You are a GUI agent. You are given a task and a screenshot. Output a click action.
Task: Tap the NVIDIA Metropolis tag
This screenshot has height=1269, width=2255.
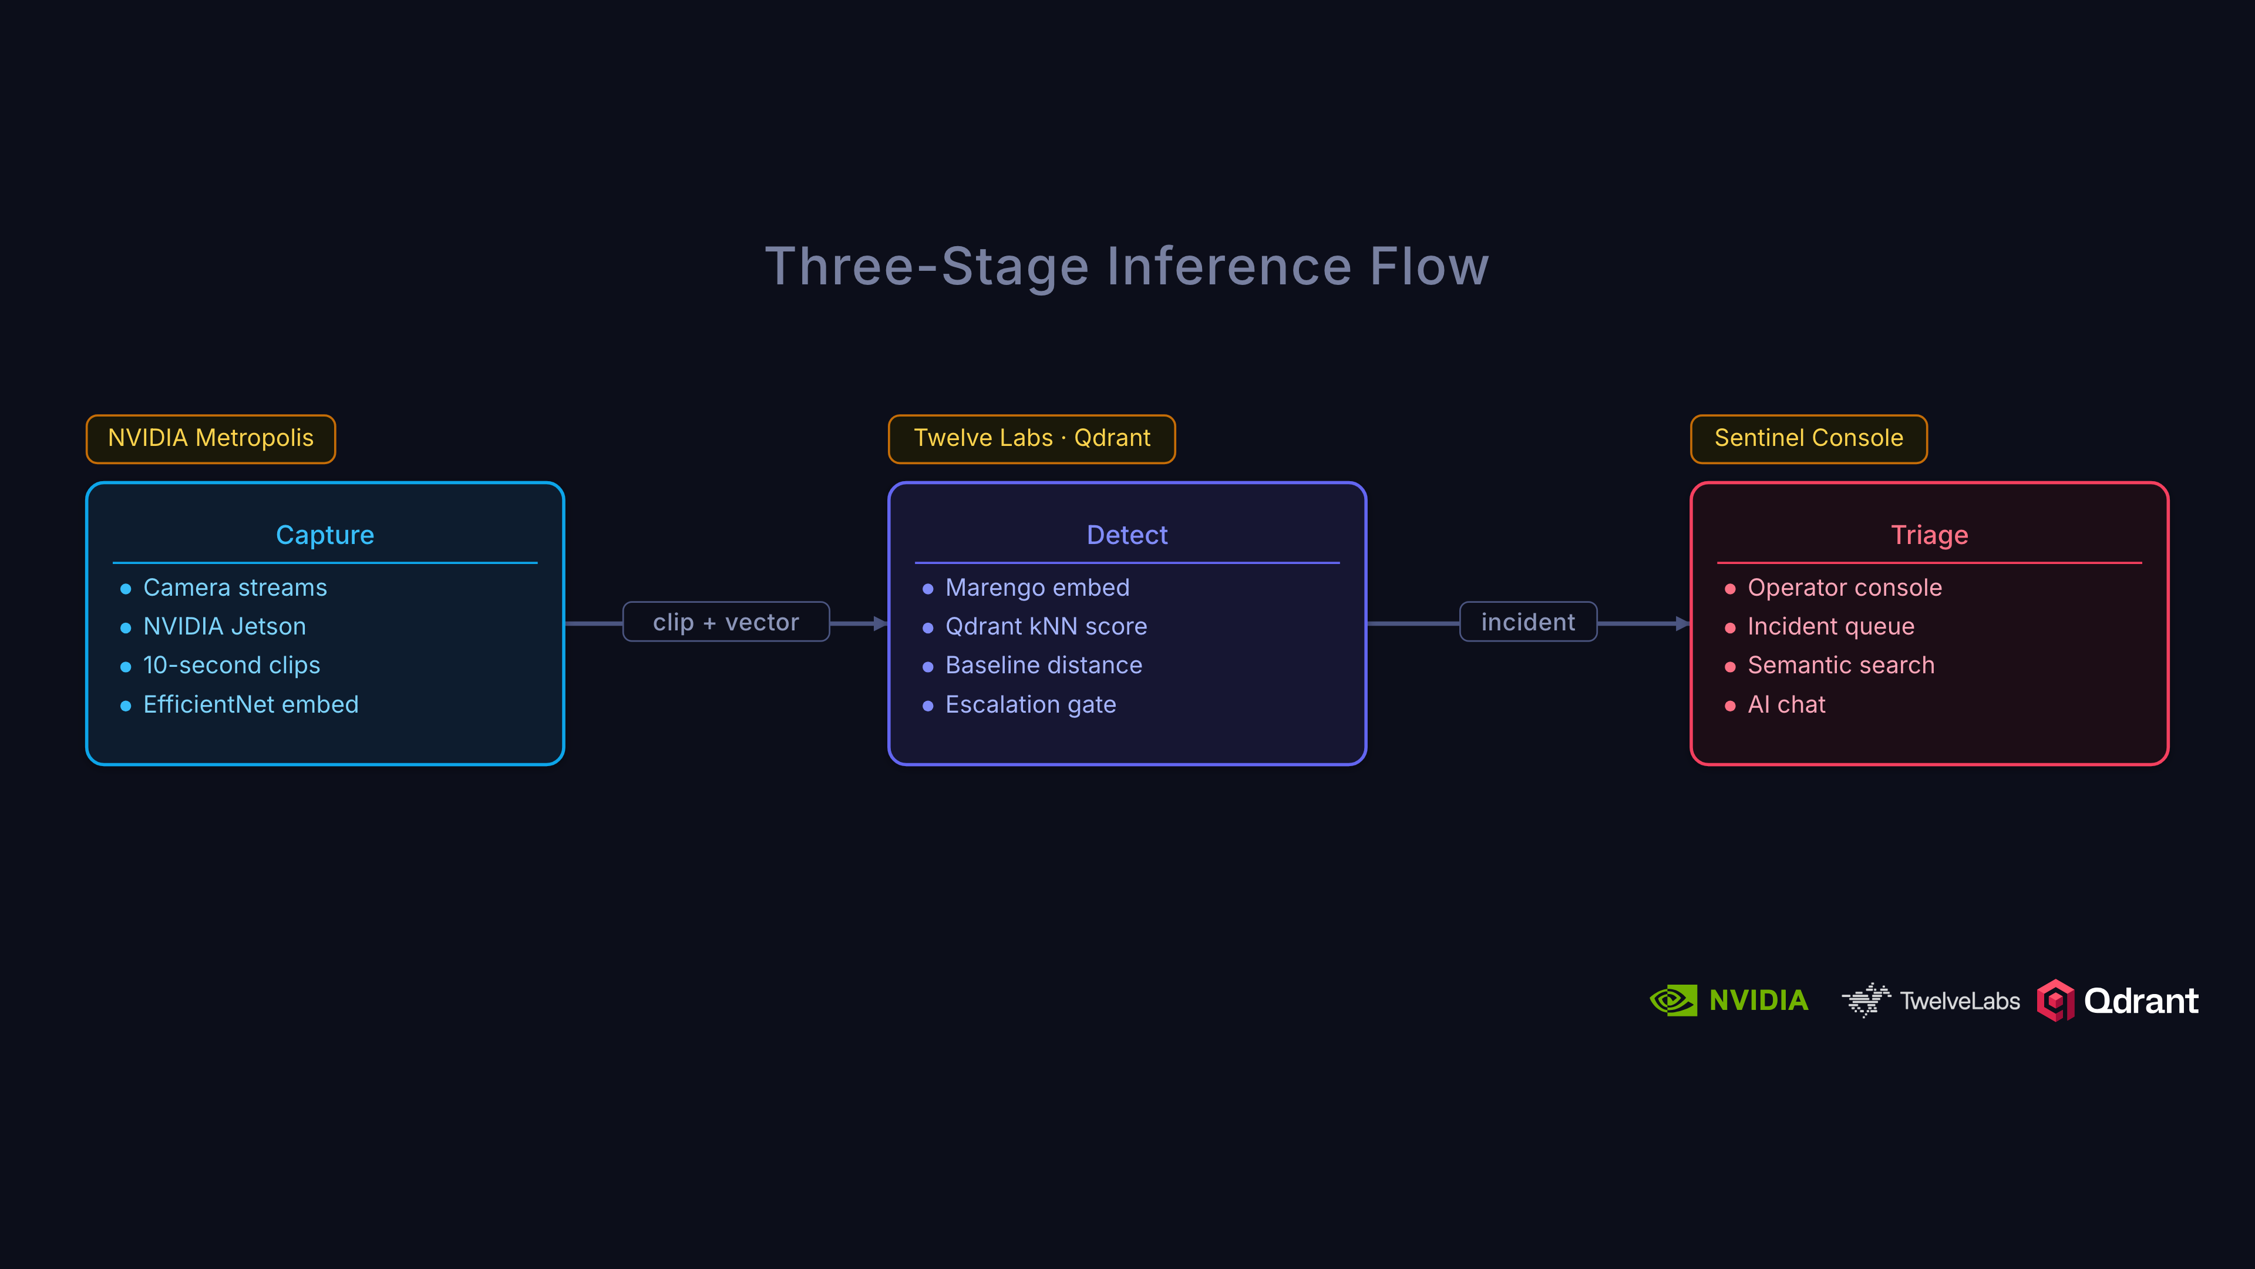click(211, 438)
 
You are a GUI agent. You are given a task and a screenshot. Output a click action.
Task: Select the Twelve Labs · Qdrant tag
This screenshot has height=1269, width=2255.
click(1031, 438)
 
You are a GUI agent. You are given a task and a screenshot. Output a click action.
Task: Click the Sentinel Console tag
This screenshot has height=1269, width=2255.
click(1809, 438)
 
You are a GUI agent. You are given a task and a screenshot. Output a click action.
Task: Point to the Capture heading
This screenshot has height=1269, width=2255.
click(325, 535)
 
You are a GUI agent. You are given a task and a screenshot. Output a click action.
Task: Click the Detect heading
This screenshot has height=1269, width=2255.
click(1127, 535)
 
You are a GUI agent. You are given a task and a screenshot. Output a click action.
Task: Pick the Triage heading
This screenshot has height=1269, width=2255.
click(1929, 535)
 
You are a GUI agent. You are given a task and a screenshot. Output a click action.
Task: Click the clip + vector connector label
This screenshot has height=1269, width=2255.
click(726, 622)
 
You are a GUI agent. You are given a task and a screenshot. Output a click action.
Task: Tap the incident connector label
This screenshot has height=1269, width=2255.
click(1527, 622)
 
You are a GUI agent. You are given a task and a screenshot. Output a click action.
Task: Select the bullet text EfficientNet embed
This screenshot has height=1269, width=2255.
click(250, 704)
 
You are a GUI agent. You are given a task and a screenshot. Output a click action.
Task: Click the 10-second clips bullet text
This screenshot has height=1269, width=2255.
click(231, 666)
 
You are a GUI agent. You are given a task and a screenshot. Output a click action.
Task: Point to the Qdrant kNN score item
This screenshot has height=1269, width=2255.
click(1046, 626)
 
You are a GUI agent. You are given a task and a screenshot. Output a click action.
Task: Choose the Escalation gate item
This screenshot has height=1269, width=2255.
click(1031, 704)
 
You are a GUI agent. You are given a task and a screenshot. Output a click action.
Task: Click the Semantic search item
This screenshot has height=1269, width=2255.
click(1841, 666)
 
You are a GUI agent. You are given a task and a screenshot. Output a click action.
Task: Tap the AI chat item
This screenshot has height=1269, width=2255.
click(1786, 704)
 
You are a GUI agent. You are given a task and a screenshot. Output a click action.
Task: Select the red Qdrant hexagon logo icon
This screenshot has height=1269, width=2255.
click(2055, 1000)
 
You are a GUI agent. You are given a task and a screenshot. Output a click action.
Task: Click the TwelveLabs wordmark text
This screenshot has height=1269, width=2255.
click(1959, 1001)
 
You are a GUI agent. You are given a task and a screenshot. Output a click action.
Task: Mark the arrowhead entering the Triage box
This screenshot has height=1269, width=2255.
click(1682, 623)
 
